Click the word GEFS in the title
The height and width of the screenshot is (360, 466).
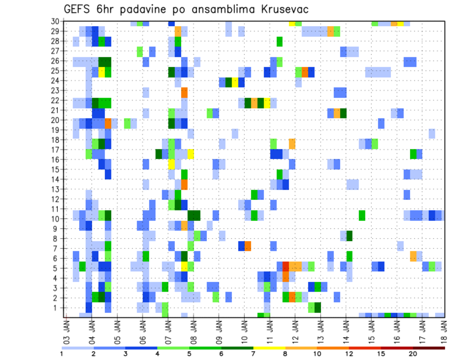(79, 9)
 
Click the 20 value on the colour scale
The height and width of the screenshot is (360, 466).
(413, 354)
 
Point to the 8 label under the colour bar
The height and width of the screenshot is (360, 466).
(285, 354)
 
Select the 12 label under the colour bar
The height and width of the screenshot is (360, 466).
(349, 354)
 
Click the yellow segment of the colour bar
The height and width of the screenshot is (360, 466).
(269, 347)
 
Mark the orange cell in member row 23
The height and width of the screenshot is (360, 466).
(184, 91)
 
